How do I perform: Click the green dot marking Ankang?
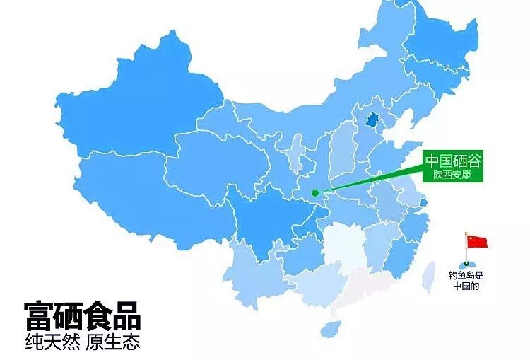(x=315, y=192)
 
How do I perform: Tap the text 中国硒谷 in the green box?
(x=452, y=161)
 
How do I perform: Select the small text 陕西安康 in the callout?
(x=452, y=174)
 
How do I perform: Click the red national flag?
(x=477, y=242)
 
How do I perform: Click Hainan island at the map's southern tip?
(x=329, y=328)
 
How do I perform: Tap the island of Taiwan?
(x=428, y=276)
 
